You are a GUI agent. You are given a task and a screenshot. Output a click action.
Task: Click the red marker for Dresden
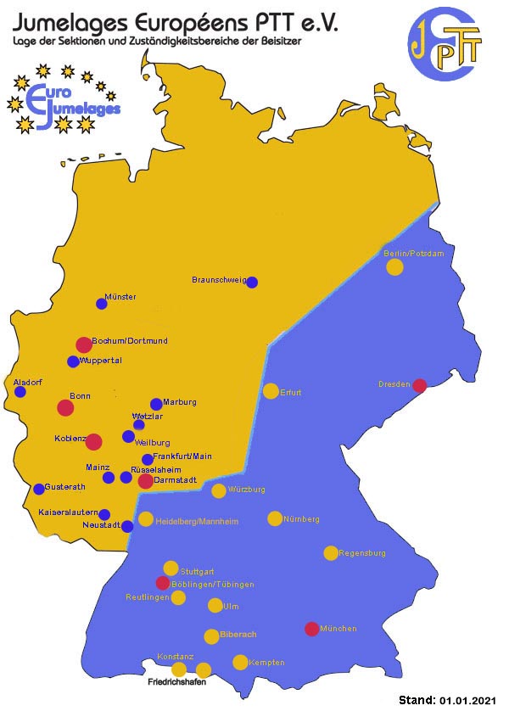click(419, 386)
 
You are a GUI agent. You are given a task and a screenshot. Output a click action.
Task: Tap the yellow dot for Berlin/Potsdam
click(394, 267)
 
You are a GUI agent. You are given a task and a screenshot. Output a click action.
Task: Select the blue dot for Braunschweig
click(252, 283)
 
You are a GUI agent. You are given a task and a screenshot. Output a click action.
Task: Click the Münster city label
click(120, 297)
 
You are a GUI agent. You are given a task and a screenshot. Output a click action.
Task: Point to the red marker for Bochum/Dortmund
click(83, 344)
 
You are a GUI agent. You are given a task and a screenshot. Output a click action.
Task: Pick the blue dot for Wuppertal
click(73, 361)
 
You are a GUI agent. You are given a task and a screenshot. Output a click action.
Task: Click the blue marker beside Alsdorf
click(20, 392)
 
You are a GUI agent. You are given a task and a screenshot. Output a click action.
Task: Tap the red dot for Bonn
click(65, 407)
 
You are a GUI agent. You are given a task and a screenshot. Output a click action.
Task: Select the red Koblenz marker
click(94, 441)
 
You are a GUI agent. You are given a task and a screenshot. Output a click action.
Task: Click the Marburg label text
click(181, 401)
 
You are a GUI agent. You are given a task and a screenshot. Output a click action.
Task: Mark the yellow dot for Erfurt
click(271, 391)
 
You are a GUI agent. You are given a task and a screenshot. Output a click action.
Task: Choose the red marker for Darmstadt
click(145, 481)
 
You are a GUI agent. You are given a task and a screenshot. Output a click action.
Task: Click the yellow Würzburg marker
click(219, 490)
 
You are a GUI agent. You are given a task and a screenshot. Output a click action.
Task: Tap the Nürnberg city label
click(302, 518)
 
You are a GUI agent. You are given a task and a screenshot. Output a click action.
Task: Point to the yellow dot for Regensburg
click(331, 553)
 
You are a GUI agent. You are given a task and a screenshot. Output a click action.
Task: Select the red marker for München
click(311, 630)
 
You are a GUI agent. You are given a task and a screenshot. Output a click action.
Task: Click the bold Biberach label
click(238, 634)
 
